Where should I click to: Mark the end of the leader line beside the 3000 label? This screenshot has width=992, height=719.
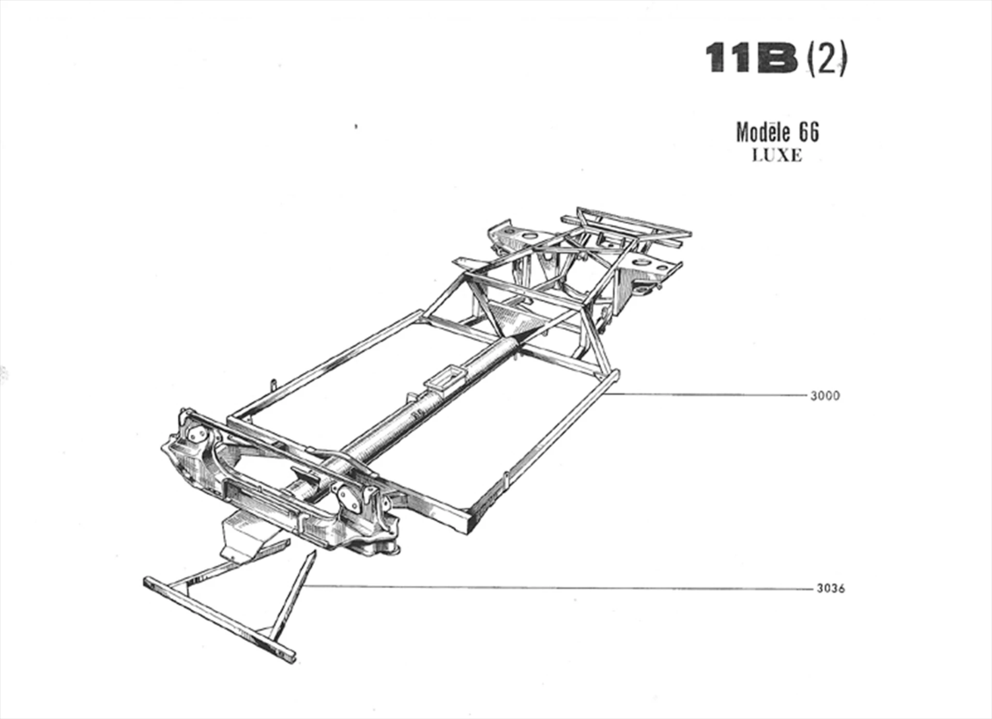[806, 395]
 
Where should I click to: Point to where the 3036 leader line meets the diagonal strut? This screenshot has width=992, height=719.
[304, 586]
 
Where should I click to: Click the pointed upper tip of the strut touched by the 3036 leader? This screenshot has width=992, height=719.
[314, 552]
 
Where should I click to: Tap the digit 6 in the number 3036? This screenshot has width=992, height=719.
[841, 589]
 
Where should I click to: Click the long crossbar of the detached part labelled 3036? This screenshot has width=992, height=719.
[220, 619]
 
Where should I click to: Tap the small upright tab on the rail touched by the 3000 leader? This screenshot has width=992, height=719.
[507, 479]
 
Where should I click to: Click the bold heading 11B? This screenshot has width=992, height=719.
[752, 58]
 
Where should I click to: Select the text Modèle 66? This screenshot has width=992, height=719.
[777, 133]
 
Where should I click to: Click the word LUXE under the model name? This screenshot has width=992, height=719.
[777, 156]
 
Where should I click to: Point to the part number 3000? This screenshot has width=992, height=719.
[825, 396]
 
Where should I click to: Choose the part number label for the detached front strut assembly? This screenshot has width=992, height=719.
[831, 589]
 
